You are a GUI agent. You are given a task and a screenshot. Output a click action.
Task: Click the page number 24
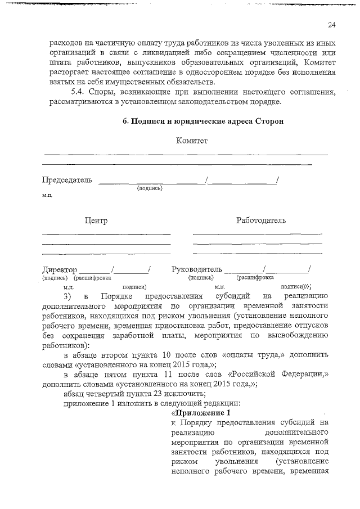(331, 25)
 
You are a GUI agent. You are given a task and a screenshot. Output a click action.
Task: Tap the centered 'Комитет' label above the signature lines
(192, 141)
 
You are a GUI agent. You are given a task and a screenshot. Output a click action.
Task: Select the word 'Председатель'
(66, 180)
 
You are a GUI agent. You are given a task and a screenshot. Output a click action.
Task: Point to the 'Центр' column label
(96, 220)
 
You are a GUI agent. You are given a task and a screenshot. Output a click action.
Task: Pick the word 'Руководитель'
(197, 269)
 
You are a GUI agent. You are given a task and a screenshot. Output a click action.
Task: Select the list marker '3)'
(67, 296)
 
